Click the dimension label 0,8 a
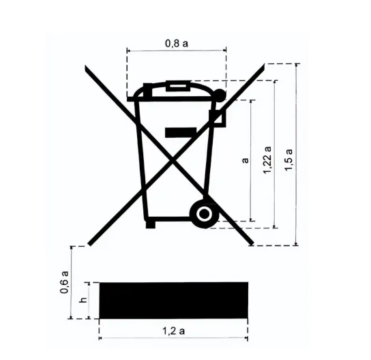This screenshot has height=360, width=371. [177, 44]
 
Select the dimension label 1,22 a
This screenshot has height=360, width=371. [267, 160]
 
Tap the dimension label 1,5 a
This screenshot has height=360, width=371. [288, 160]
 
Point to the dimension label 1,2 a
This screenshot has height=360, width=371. [173, 331]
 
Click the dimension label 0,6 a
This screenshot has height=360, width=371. [64, 282]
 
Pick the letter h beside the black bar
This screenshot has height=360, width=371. [83, 300]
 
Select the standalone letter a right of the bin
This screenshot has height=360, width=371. [246, 160]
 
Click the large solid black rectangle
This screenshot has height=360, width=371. [174, 300]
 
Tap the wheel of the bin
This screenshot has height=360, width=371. [204, 214]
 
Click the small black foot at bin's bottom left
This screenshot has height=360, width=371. [151, 224]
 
